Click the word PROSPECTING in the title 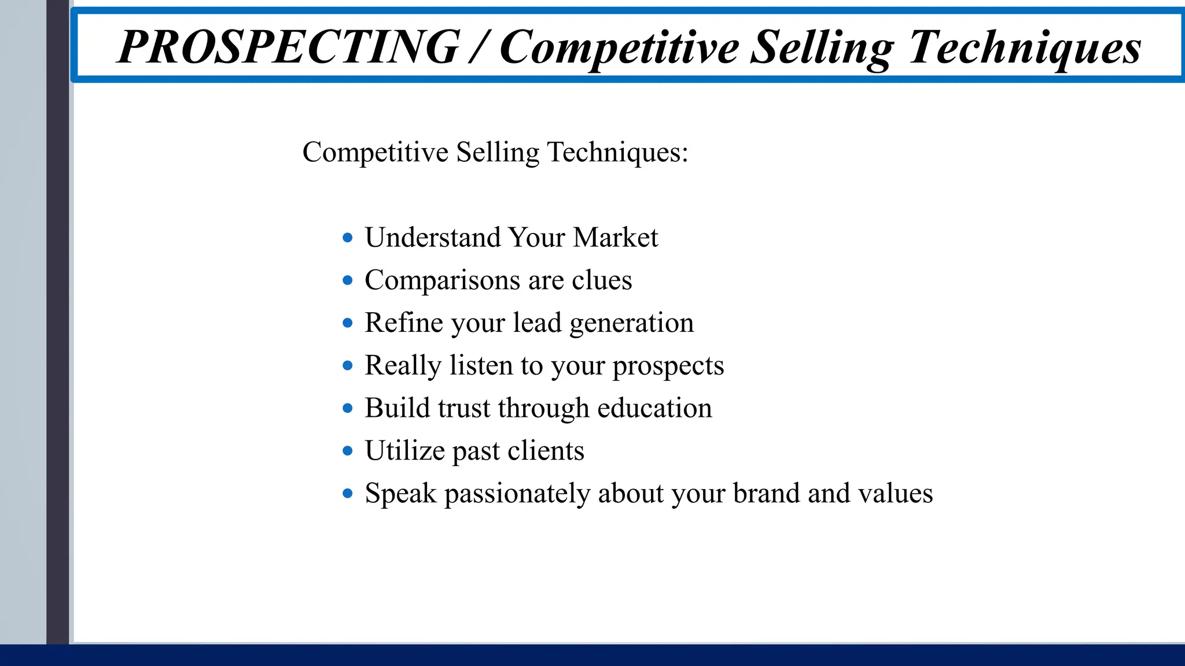point(288,47)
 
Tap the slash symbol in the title point(478,47)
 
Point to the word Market point(615,238)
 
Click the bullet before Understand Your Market point(347,238)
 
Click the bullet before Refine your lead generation point(347,323)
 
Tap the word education point(654,408)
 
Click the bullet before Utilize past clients point(347,450)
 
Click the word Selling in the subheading point(497,153)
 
